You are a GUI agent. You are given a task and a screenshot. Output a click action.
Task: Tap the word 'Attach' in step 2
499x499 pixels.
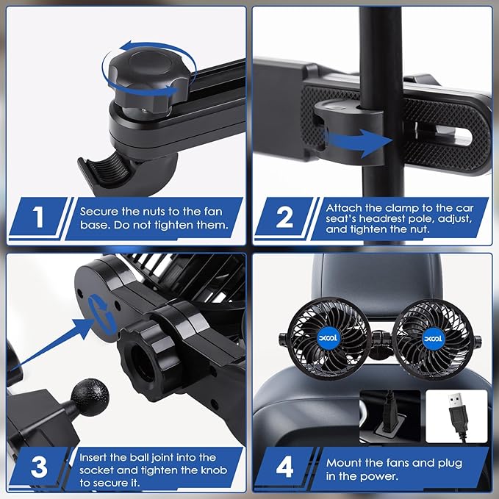coord(342,208)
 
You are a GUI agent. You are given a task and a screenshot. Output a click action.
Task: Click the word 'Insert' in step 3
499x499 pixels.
coord(96,457)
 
